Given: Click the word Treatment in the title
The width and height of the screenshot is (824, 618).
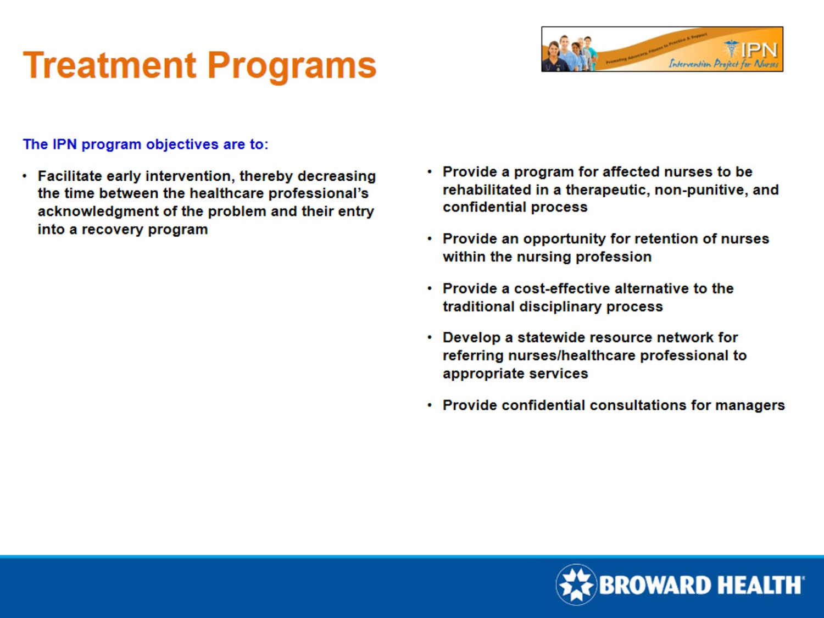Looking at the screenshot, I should tap(109, 65).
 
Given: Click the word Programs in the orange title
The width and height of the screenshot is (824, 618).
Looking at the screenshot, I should tap(292, 65).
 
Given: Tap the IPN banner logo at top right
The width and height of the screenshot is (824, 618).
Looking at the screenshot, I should tap(662, 49).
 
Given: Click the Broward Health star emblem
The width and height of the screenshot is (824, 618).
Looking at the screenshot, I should tap(576, 584).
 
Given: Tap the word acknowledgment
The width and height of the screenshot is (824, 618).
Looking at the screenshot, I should tap(98, 211).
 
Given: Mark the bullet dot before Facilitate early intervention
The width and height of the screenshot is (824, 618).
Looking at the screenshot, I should tap(25, 176).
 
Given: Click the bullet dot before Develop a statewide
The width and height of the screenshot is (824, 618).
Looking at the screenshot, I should tap(430, 337).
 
